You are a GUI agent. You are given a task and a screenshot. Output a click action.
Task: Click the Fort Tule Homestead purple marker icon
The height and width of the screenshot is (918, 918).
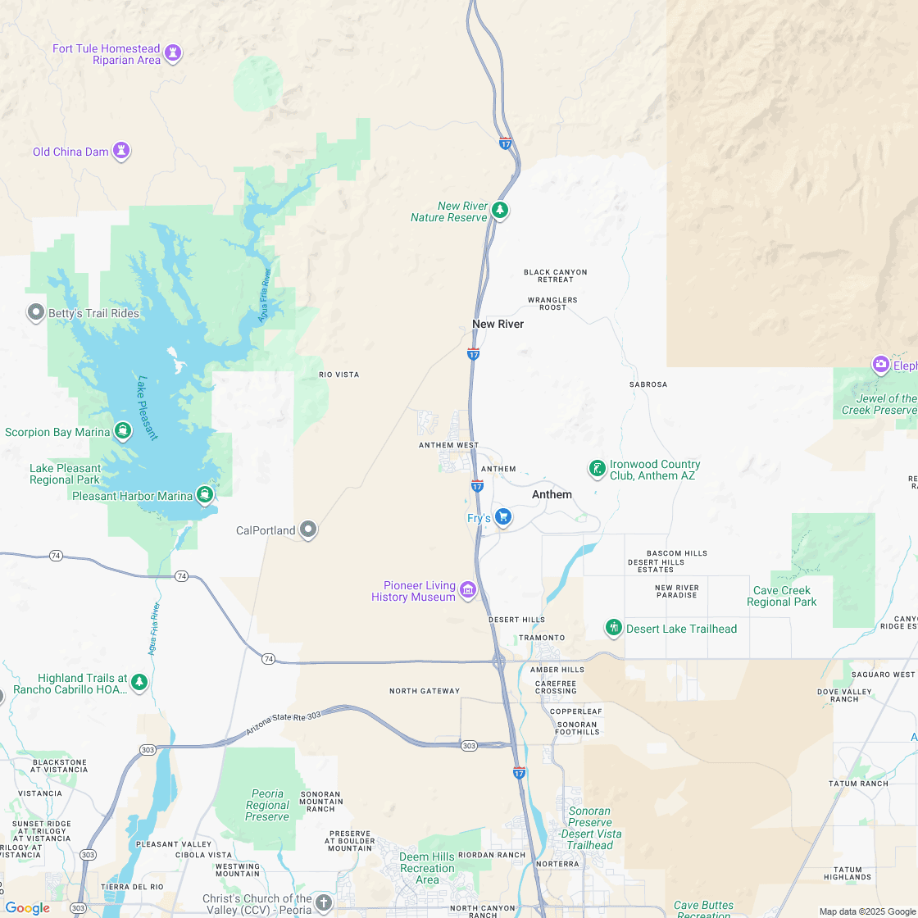point(172,53)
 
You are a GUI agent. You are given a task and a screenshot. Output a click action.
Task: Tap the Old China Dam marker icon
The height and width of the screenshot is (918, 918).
point(121,151)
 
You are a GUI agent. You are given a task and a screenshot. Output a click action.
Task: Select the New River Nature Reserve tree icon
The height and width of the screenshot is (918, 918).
point(500,211)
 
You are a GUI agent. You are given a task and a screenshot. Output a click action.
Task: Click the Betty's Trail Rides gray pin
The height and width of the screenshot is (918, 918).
point(36,312)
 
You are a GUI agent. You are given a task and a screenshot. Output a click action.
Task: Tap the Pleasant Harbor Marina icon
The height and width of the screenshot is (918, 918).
point(205,494)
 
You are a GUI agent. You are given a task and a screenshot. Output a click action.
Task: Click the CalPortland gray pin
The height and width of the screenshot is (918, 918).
point(308,529)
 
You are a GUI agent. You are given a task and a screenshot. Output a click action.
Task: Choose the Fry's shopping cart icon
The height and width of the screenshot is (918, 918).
point(503,516)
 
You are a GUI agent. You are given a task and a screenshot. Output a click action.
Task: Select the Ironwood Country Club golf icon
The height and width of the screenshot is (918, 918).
point(598,469)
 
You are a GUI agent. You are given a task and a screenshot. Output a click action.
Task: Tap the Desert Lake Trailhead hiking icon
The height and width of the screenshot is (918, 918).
point(613,628)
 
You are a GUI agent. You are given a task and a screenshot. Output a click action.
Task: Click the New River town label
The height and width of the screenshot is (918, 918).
point(498,324)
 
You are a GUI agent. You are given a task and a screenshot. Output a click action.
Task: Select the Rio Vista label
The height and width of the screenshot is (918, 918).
point(339,375)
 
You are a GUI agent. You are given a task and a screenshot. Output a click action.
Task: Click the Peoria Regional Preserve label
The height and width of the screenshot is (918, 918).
point(267,805)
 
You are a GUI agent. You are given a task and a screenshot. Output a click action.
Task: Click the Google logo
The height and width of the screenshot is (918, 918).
point(27,907)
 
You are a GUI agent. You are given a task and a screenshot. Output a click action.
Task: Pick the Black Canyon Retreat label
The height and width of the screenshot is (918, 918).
point(555,275)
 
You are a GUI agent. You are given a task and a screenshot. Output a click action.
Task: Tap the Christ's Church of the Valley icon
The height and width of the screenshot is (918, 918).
point(324,903)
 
